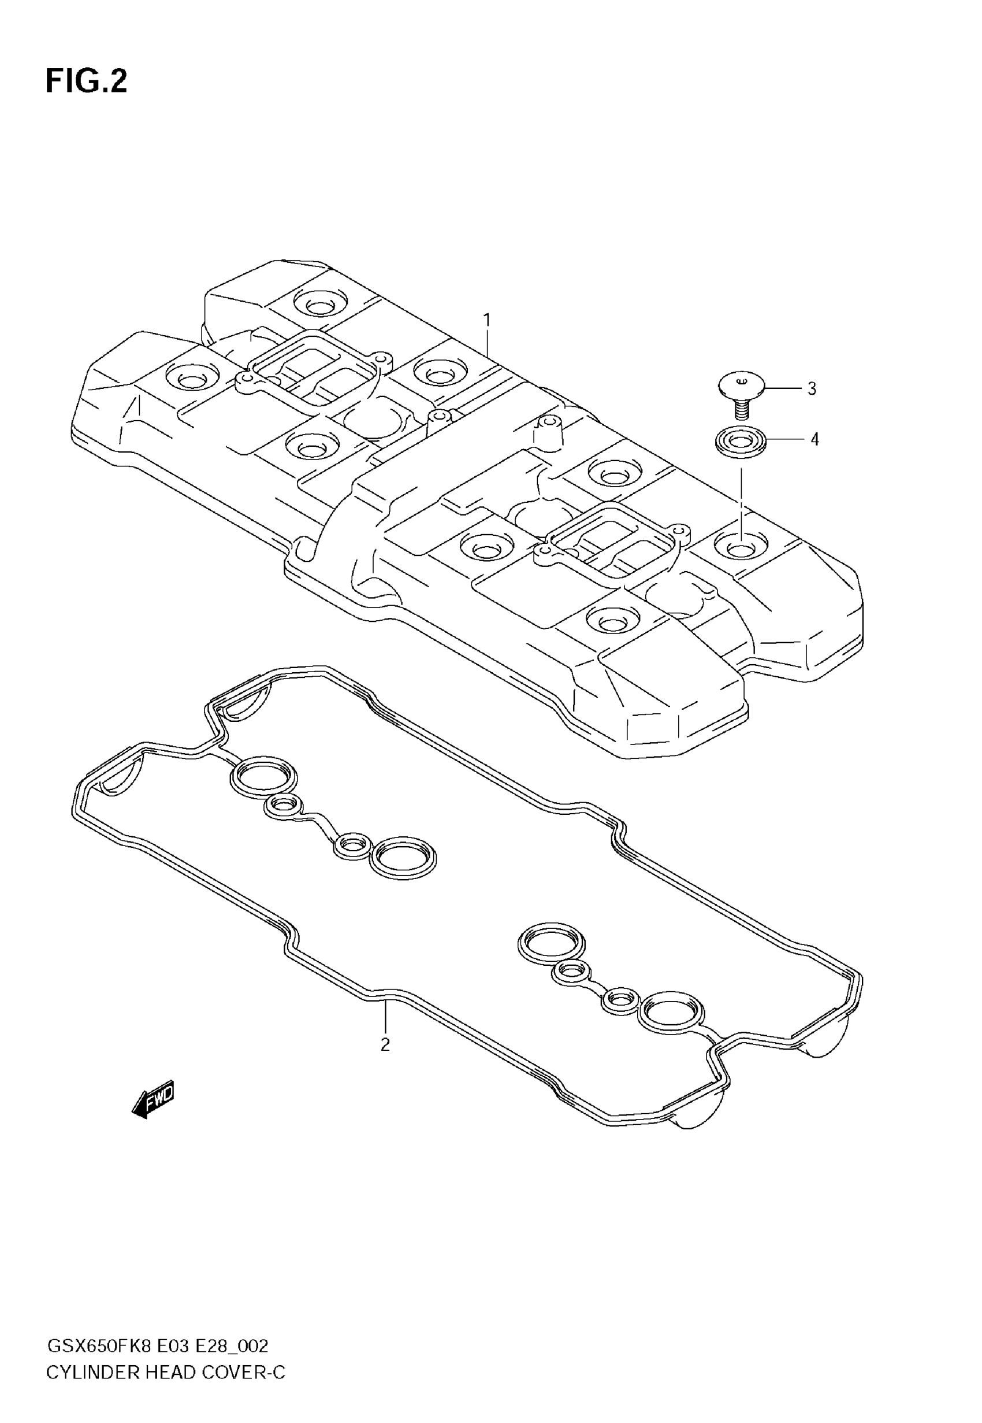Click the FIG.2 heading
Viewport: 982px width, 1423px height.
click(x=86, y=81)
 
